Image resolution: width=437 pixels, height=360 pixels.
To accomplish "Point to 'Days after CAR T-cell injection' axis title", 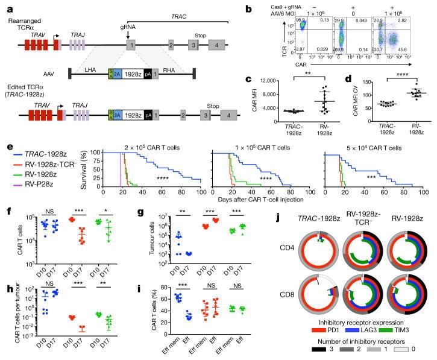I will (260, 200).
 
